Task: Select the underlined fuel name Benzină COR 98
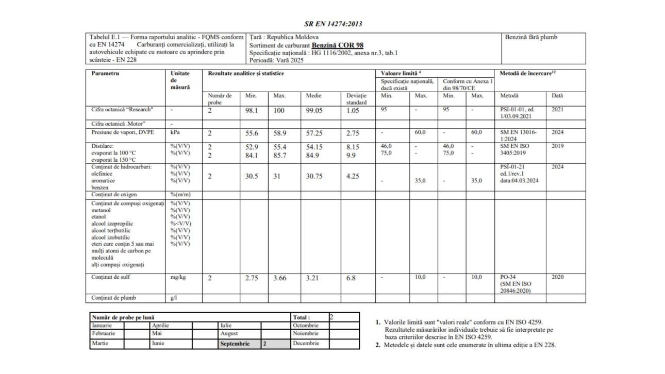(x=338, y=45)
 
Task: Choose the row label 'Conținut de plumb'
(x=107, y=298)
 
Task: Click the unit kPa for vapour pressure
(x=175, y=132)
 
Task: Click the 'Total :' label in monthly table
(x=301, y=317)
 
